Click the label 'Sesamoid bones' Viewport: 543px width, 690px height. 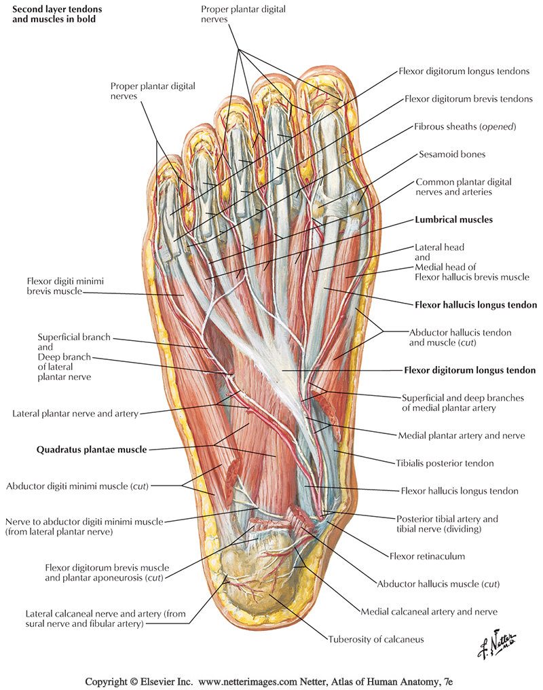tap(452, 154)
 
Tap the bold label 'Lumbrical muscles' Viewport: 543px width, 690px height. tap(453, 220)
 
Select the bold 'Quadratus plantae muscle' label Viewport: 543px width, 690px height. tap(91, 449)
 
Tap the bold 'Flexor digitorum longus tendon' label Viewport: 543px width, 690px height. tap(470, 371)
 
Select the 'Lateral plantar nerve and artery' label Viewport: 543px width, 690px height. tap(75, 413)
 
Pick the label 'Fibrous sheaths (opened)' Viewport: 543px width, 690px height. tap(466, 127)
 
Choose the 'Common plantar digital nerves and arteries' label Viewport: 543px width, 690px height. tap(464, 187)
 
